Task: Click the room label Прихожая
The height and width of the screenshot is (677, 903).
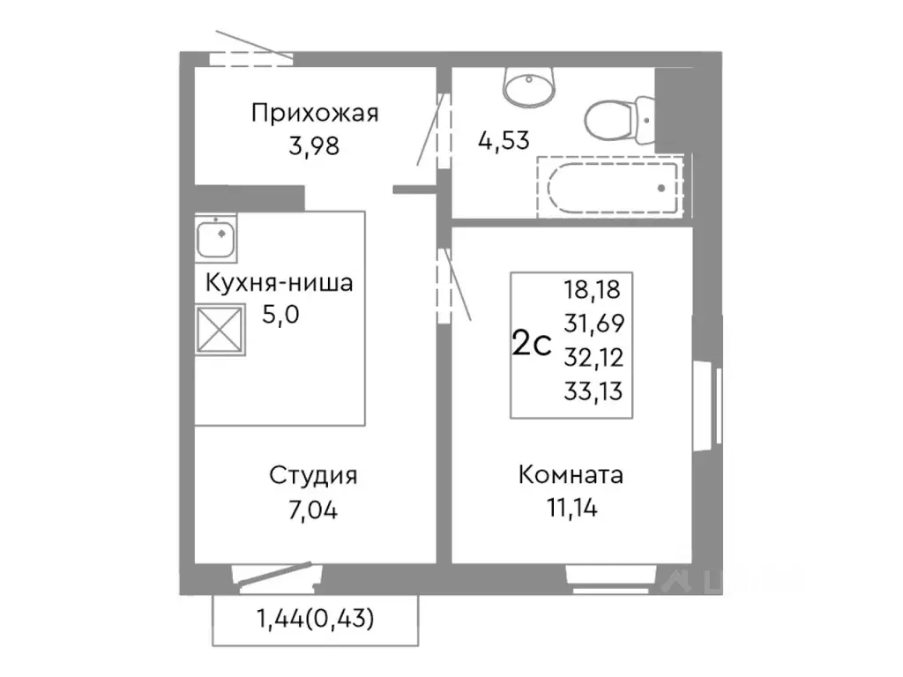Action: coord(315,114)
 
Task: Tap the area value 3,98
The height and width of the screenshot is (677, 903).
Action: coord(314,145)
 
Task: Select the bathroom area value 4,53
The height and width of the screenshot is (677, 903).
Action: coord(504,141)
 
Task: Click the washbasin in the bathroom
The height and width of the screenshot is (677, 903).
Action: coord(529,86)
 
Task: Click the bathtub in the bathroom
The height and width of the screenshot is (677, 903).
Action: coord(612,187)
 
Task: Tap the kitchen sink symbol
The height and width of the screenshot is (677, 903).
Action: coord(216,238)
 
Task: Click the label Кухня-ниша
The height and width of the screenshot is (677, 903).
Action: coord(280,284)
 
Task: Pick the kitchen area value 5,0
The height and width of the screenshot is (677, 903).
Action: coord(281,315)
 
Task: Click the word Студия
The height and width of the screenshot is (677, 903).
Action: coord(314,476)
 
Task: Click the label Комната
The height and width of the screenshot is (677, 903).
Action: coord(571,475)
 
